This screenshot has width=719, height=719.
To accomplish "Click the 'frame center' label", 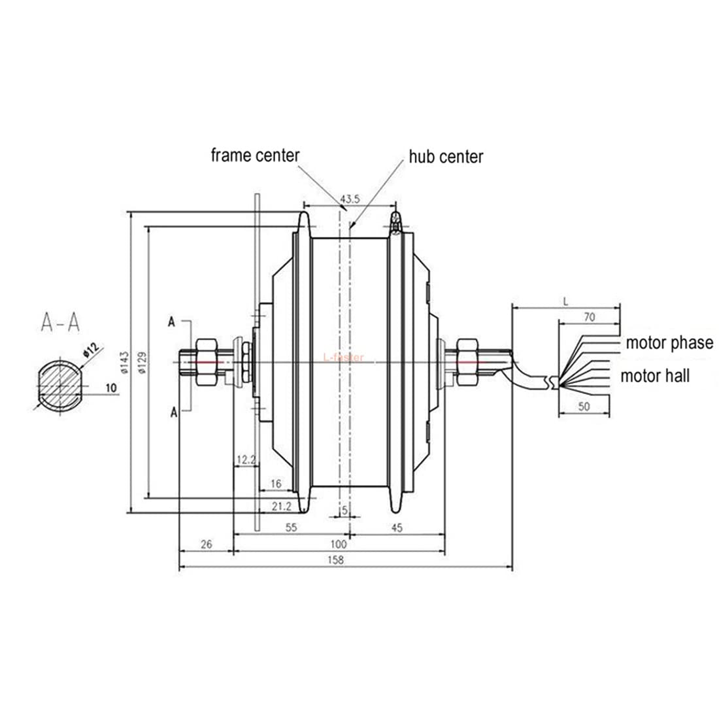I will point(254,156).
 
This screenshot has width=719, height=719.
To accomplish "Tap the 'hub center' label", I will point(446,157).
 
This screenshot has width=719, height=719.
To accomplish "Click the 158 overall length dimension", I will point(336,560).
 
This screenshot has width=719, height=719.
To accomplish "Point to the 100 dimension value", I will point(338,544).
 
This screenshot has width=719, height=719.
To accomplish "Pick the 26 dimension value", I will point(206,544).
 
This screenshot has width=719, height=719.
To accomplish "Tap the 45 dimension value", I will point(396,527).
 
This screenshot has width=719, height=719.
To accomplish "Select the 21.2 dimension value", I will point(280,505).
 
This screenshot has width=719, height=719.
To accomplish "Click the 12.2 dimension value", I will point(246,460).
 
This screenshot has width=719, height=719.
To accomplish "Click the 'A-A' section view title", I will point(60,321).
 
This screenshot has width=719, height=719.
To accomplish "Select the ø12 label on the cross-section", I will point(90,350).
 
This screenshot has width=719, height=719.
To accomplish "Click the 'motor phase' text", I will point(669,343).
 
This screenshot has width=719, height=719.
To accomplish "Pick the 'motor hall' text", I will point(655,376).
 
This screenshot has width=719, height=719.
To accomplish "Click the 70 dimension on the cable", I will point(589,318).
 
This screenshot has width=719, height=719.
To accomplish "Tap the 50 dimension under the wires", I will point(584,407).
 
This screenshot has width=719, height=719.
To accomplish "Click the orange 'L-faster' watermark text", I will point(343,358).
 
